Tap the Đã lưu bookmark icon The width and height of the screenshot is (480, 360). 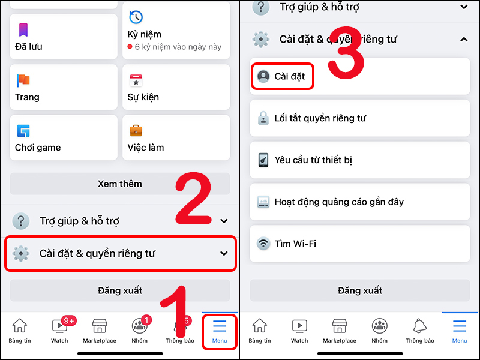click(x=23, y=29)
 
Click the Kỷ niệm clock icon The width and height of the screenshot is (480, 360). click(x=136, y=17)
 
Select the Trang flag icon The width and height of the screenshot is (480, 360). click(x=23, y=80)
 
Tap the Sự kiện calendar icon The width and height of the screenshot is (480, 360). click(x=136, y=80)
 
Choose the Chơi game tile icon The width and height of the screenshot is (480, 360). click(x=23, y=131)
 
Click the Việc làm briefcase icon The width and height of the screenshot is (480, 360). click(x=136, y=131)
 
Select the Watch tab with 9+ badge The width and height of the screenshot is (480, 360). click(x=59, y=329)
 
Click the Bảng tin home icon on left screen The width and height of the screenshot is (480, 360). click(x=20, y=329)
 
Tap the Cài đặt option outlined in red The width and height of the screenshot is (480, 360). click(x=282, y=76)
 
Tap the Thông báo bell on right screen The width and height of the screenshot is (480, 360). click(x=419, y=329)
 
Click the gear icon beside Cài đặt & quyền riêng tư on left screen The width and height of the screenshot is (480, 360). click(x=21, y=254)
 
